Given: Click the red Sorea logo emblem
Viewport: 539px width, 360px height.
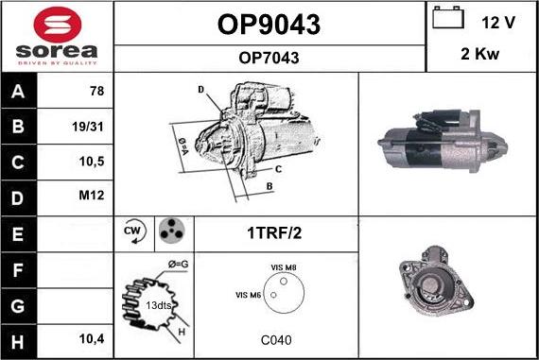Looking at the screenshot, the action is tap(58, 25).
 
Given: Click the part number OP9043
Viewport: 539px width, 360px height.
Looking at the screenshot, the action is tap(269, 25).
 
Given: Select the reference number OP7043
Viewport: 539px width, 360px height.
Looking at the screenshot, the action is tap(269, 58).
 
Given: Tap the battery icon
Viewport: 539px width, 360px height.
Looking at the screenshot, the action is tap(448, 17).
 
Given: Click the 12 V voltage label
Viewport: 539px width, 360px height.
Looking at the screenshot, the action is tap(498, 23).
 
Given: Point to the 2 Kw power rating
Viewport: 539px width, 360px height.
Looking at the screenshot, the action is tap(479, 54).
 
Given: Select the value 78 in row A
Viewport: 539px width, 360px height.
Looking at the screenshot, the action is tap(97, 91).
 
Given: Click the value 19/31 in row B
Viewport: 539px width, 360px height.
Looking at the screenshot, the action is tap(88, 127).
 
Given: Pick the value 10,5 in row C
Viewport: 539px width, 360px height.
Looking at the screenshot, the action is tap(92, 162).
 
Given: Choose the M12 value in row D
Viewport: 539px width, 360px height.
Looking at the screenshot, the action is tap(92, 195).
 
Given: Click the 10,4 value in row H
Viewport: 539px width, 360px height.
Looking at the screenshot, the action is tap(92, 339).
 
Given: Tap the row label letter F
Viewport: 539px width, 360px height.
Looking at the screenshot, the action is tap(18, 270).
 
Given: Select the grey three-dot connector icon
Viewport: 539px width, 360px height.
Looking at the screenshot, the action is tap(171, 231).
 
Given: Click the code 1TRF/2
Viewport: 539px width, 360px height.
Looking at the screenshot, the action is tap(274, 232).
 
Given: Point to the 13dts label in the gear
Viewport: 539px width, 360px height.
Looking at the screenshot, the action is tap(159, 305).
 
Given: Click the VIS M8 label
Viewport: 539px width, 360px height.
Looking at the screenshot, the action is tap(284, 267).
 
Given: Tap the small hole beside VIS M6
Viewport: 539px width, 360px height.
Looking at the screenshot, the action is tap(273, 295).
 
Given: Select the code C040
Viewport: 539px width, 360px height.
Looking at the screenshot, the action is tap(276, 340).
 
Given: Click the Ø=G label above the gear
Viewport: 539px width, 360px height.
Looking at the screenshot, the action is tap(178, 265).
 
